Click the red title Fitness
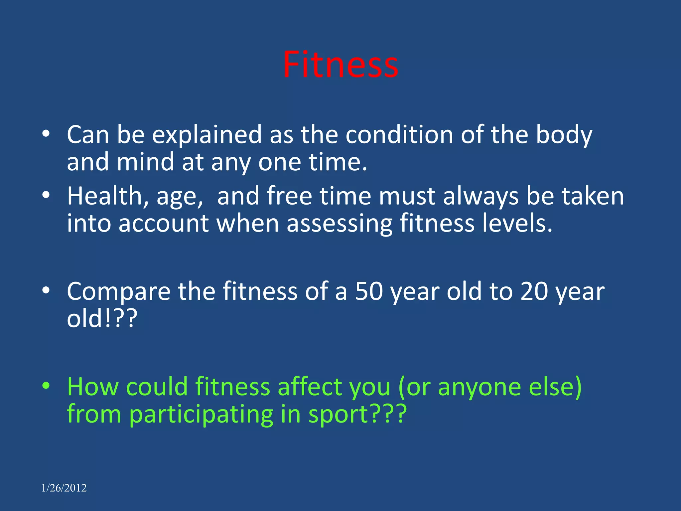(x=340, y=65)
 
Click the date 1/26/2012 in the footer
(x=64, y=488)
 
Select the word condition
(x=399, y=134)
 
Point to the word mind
(x=145, y=162)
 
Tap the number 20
(x=534, y=291)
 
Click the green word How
(x=93, y=387)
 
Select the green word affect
(x=310, y=387)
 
